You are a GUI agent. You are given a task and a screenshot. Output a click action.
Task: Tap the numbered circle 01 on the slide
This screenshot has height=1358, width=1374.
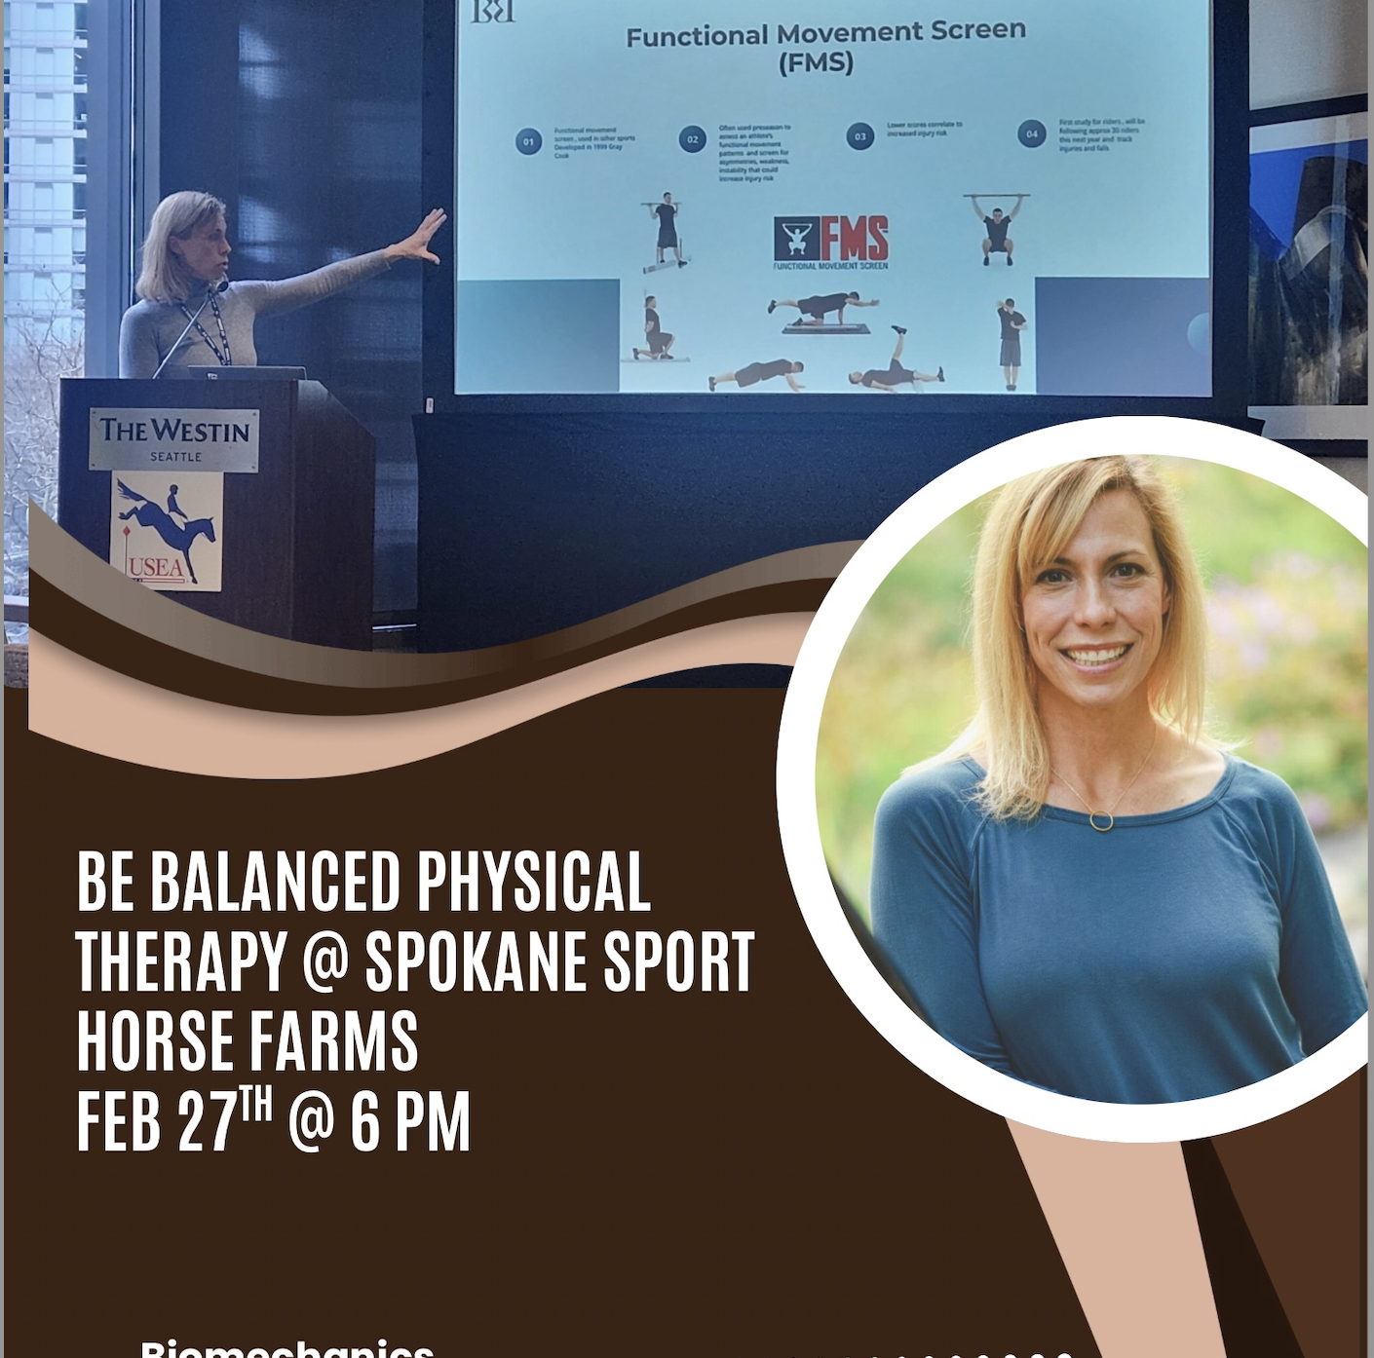(x=528, y=141)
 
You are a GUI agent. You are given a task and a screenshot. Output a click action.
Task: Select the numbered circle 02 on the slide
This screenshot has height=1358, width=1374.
(x=692, y=139)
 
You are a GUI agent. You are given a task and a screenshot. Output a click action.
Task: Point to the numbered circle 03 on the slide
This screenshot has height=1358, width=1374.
(x=859, y=136)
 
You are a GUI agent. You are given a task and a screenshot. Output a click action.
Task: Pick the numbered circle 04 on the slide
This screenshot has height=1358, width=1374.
(x=1031, y=133)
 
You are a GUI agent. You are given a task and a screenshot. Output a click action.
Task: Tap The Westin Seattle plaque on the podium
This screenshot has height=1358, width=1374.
(x=174, y=439)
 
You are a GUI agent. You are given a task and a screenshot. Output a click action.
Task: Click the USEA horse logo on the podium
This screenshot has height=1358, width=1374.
(x=166, y=531)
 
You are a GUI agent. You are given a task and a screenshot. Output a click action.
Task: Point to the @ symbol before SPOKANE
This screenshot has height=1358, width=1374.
(x=324, y=962)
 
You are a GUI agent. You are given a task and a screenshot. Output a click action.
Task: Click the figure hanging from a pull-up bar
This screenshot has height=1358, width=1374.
(x=996, y=230)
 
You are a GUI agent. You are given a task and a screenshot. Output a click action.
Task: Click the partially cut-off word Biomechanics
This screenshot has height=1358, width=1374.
(x=286, y=1348)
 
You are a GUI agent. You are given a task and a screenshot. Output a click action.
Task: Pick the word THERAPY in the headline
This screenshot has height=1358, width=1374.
(x=180, y=962)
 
